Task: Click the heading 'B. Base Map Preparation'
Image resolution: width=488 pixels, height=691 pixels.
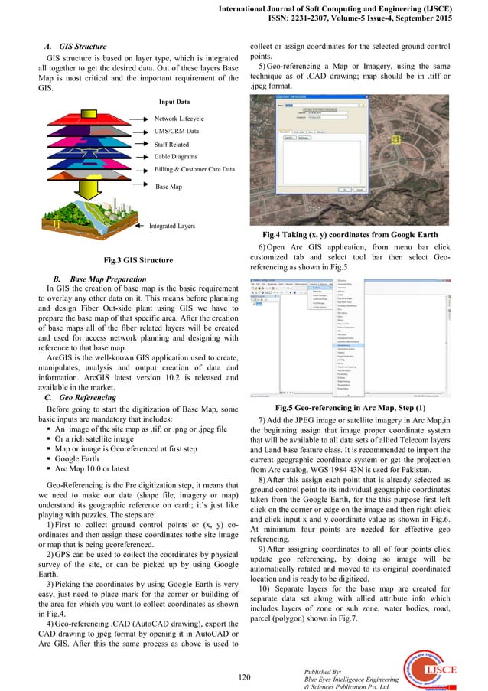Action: [102, 277]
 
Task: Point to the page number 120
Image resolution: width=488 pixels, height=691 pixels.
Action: [244, 675]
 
